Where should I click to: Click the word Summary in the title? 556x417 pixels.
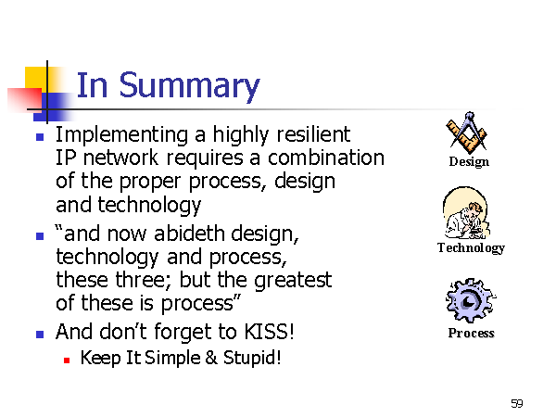[x=189, y=86]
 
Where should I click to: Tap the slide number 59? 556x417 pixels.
[x=517, y=403]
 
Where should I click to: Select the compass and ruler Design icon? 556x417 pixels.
[x=468, y=133]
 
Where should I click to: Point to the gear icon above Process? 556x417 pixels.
[x=471, y=300]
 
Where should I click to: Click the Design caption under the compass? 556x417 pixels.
[x=469, y=162]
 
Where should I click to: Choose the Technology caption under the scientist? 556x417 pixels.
[x=471, y=247]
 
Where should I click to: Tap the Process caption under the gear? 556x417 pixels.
[x=472, y=333]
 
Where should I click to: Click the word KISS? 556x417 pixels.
[x=269, y=332]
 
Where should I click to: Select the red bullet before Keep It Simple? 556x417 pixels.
[x=67, y=360]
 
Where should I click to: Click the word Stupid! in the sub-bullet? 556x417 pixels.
[x=252, y=358]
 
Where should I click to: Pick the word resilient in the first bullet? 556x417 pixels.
[x=313, y=134]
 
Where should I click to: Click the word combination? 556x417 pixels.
[x=326, y=158]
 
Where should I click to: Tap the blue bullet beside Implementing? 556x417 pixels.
[x=40, y=137]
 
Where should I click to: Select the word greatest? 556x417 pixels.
[x=293, y=281]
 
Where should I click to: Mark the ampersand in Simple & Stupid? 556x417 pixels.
[x=211, y=358]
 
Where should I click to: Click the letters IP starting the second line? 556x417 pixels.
[x=66, y=158]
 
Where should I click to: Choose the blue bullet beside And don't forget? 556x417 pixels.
[x=40, y=335]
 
